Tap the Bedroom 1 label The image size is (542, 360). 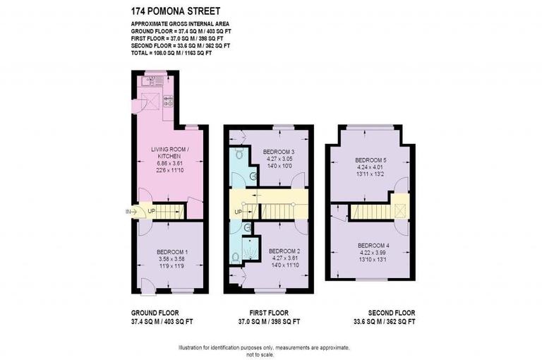[171, 252]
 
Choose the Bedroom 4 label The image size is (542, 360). [373, 246]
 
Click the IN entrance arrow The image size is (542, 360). [130, 210]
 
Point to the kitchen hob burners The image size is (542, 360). [169, 101]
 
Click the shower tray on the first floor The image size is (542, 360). [249, 248]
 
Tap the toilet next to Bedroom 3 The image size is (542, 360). [239, 152]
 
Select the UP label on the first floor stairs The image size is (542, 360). [238, 212]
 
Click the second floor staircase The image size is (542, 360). [371, 210]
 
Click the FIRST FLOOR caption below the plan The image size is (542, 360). [267, 313]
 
